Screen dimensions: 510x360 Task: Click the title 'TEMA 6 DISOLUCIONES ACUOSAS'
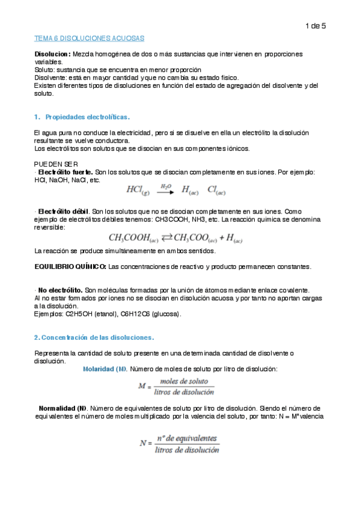click(88, 38)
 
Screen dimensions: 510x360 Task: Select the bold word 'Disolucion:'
click(52, 55)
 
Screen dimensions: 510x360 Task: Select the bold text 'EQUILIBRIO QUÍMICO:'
click(70, 266)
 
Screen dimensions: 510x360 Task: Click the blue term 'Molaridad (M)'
click(105, 368)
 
